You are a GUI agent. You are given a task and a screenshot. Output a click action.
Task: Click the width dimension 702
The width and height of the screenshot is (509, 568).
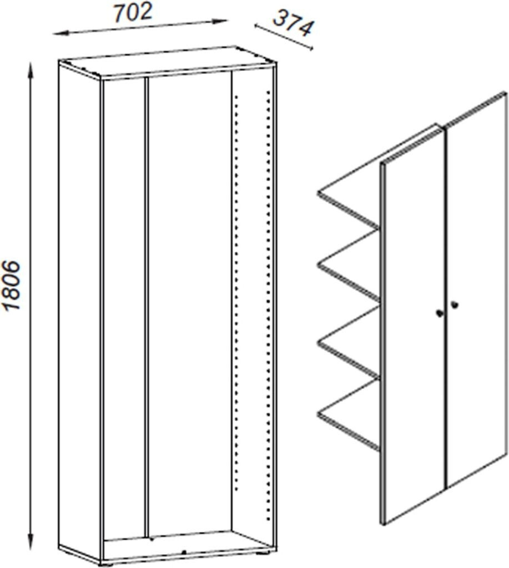pyautogui.click(x=133, y=13)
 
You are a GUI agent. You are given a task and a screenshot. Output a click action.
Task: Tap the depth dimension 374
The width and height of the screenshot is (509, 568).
pyautogui.click(x=293, y=23)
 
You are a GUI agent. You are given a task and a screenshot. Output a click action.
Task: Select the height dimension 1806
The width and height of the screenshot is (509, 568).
pyautogui.click(x=12, y=285)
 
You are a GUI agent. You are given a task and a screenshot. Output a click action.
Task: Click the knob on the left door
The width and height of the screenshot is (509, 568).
pyautogui.click(x=439, y=313)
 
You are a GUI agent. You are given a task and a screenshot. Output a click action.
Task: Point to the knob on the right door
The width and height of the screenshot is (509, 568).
pyautogui.click(x=454, y=305)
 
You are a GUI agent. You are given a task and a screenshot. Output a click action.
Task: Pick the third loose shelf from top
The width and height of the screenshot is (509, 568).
pyautogui.click(x=349, y=342)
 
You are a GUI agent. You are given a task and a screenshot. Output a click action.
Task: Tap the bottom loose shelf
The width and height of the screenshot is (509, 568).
pyautogui.click(x=349, y=415)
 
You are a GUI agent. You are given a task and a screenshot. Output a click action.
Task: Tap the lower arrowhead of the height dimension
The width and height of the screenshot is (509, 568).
pyautogui.click(x=31, y=542)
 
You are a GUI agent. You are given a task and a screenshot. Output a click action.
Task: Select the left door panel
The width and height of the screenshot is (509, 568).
pyautogui.click(x=414, y=326)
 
